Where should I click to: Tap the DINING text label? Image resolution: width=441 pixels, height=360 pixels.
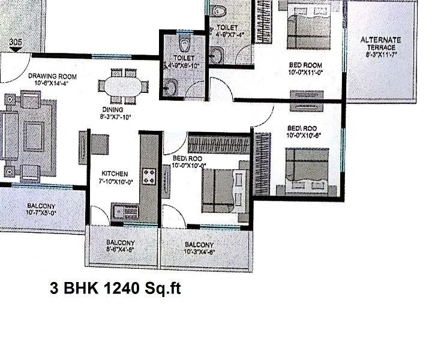click(112, 110)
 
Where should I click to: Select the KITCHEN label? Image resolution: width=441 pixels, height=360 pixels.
click(114, 173)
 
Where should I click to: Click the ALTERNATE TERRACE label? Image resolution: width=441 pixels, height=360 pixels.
click(380, 40)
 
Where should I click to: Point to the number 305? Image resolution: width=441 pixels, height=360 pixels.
click(16, 43)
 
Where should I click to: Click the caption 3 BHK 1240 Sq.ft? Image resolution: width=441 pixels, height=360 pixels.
click(115, 289)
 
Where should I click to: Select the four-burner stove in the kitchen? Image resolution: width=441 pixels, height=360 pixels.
click(148, 176)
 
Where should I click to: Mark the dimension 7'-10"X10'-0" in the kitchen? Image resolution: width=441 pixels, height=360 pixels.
click(114, 181)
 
